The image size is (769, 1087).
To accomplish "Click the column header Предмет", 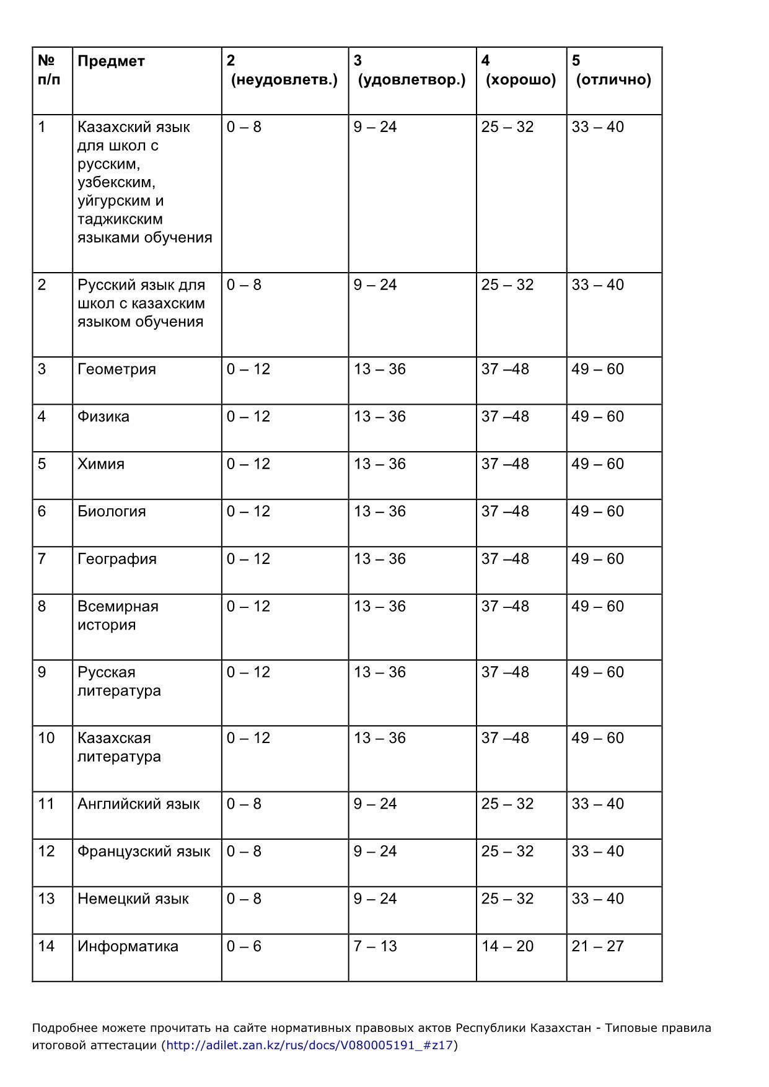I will tap(111, 61).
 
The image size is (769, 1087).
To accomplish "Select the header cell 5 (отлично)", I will tap(613, 70).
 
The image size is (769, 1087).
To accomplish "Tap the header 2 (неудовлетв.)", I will tap(283, 70).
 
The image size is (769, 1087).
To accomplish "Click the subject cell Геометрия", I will tap(116, 369).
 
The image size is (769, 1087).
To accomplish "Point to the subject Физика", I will tap(103, 416).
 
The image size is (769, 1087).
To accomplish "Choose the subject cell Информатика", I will tap(128, 946).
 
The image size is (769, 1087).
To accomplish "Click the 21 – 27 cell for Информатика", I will tap(597, 946).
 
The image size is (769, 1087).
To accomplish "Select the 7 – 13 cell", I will tap(375, 946).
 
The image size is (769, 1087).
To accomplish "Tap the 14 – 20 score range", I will tap(507, 946).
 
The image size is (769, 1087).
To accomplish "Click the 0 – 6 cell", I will tap(244, 946).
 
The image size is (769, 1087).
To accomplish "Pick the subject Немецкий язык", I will tap(133, 899).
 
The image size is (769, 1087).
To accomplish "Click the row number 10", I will tap(46, 738).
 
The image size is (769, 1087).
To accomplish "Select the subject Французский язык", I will tap(144, 852).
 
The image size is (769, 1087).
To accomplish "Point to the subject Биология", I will tap(112, 511).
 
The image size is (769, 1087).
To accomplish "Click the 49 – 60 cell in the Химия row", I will tap(597, 464).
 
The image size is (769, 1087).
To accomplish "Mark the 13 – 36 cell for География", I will tap(379, 559).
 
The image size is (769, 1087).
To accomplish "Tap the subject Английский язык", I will tap(138, 804).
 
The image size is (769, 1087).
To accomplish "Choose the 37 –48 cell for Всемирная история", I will tap(505, 606).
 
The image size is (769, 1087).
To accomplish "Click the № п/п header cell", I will tap(50, 70).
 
